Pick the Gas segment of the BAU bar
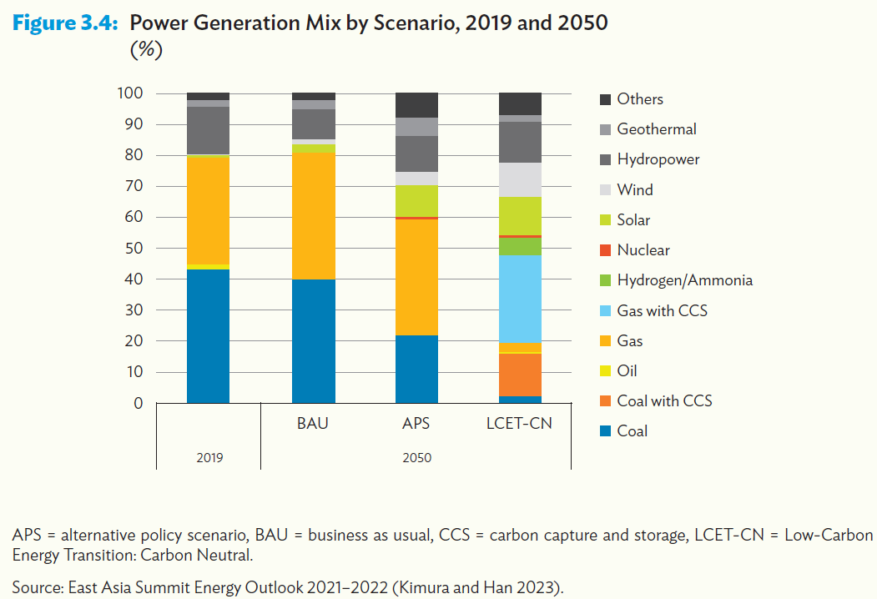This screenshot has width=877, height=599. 313,216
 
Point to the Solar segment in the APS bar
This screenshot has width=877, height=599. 416,200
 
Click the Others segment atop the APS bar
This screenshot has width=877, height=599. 416,105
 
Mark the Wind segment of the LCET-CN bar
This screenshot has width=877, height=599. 520,179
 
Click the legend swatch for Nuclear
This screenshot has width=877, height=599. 606,250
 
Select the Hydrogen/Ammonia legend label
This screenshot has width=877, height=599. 684,280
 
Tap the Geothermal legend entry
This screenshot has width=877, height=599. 656,129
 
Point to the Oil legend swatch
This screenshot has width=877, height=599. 606,371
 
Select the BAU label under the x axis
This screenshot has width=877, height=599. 313,423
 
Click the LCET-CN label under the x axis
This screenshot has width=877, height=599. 520,423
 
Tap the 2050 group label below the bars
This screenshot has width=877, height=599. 416,457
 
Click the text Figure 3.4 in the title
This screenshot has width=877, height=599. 67,23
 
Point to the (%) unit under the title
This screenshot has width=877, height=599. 145,50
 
